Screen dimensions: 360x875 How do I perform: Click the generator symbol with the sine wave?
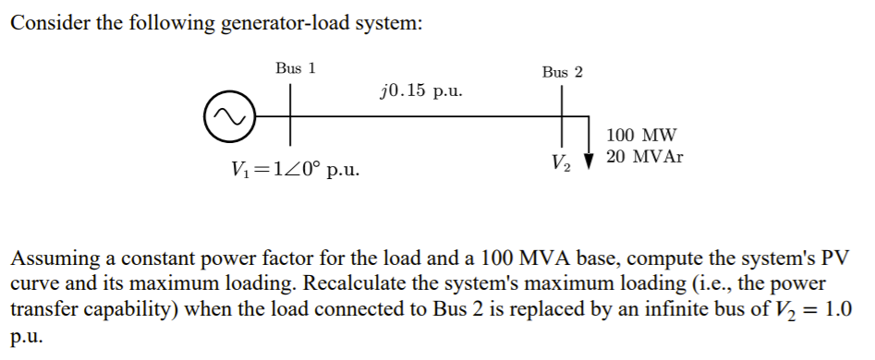pyautogui.click(x=227, y=116)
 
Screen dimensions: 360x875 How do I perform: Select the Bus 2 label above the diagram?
pyautogui.click(x=563, y=72)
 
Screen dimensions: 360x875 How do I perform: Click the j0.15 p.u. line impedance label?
pyautogui.click(x=421, y=91)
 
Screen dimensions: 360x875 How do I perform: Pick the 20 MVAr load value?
pyautogui.click(x=645, y=157)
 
